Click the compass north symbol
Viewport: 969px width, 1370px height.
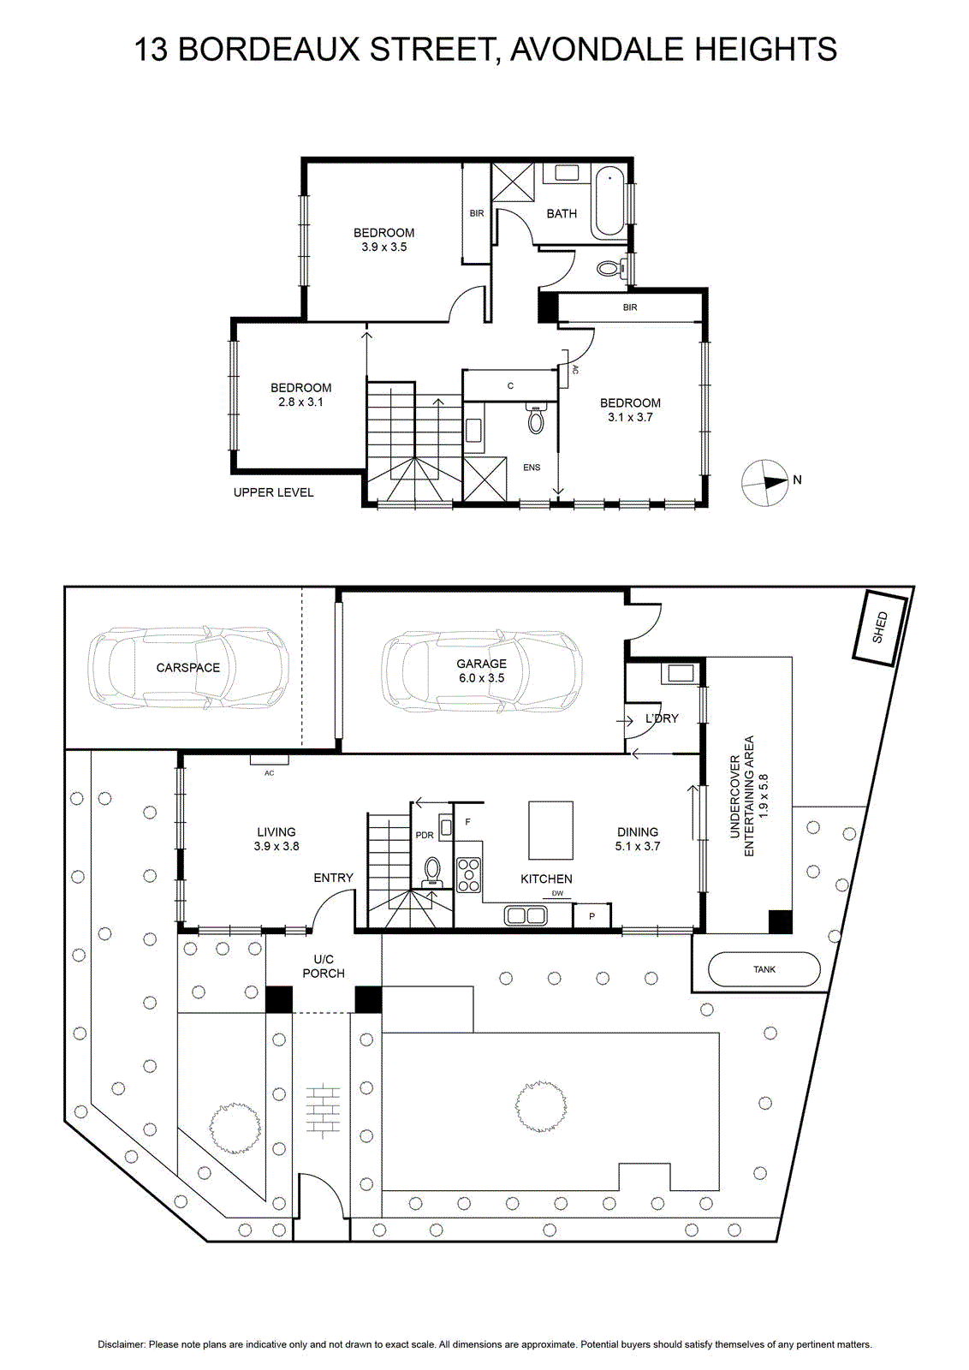764,483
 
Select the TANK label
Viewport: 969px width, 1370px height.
764,969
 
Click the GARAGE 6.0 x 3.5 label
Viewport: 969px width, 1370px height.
482,670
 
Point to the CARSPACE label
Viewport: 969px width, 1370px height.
187,668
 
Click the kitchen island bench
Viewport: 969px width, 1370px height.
550,830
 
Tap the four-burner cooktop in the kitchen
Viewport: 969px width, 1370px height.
469,874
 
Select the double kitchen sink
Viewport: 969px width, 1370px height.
525,915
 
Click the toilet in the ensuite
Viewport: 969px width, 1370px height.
536,419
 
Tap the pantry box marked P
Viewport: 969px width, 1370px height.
592,916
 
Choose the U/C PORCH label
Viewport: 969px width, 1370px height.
324,967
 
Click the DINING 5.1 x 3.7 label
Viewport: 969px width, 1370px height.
638,839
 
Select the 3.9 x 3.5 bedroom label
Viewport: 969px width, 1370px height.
383,240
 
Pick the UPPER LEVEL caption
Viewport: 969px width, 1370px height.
273,492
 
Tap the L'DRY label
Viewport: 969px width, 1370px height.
662,718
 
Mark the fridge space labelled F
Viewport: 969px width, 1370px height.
467,822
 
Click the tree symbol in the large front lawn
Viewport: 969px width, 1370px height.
541,1105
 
